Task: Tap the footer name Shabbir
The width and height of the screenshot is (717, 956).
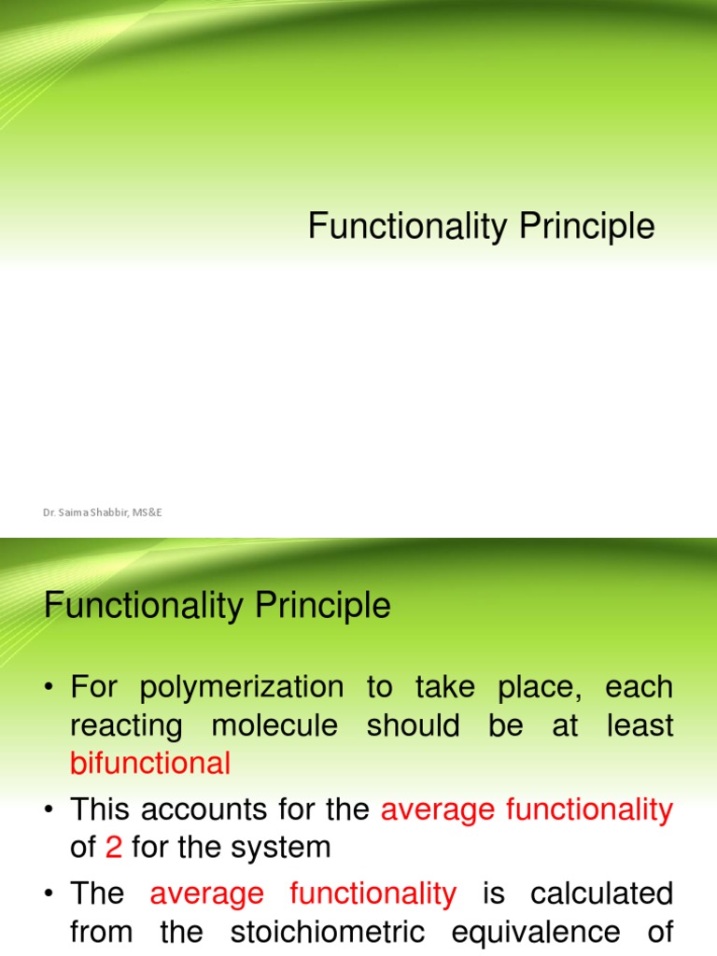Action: click(111, 513)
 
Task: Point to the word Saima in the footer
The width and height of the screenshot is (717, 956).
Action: click(78, 513)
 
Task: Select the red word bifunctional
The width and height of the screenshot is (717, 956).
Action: click(150, 764)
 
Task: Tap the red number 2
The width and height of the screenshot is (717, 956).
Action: click(114, 847)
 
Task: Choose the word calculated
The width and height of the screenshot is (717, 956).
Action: click(601, 893)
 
